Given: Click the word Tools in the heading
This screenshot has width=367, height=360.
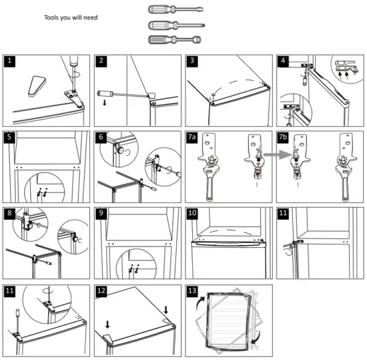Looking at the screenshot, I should pyautogui.click(x=52, y=17).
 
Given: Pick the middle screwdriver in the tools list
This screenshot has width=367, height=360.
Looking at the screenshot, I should pyautogui.click(x=175, y=25).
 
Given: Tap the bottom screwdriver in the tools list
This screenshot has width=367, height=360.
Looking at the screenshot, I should pyautogui.click(x=175, y=40).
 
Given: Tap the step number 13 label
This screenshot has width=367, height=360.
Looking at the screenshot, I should pyautogui.click(x=192, y=292).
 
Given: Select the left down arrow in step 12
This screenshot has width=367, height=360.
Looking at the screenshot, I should pyautogui.click(x=107, y=325).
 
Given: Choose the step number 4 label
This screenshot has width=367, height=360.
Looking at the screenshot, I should pyautogui.click(x=284, y=61).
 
